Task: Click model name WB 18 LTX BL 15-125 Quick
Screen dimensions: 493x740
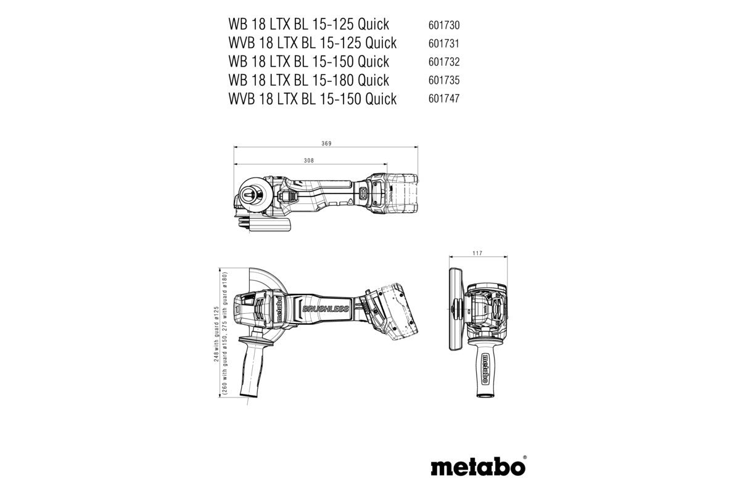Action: pyautogui.click(x=308, y=25)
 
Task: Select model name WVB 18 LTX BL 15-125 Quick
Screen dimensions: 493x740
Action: pyautogui.click(x=312, y=43)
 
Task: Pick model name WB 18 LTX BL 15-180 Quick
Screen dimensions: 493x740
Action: pyautogui.click(x=308, y=80)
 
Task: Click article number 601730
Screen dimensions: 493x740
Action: pyautogui.click(x=444, y=25)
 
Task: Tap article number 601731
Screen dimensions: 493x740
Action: pyautogui.click(x=444, y=44)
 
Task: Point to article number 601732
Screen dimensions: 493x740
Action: pyautogui.click(x=444, y=62)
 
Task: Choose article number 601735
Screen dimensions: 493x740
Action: pyautogui.click(x=444, y=81)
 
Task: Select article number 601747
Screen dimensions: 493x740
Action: pyautogui.click(x=444, y=99)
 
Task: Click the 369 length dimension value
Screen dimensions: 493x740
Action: pyautogui.click(x=327, y=144)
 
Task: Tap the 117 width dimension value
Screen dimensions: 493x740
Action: pyautogui.click(x=477, y=253)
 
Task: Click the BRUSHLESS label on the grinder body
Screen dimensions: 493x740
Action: pyautogui.click(x=325, y=309)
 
